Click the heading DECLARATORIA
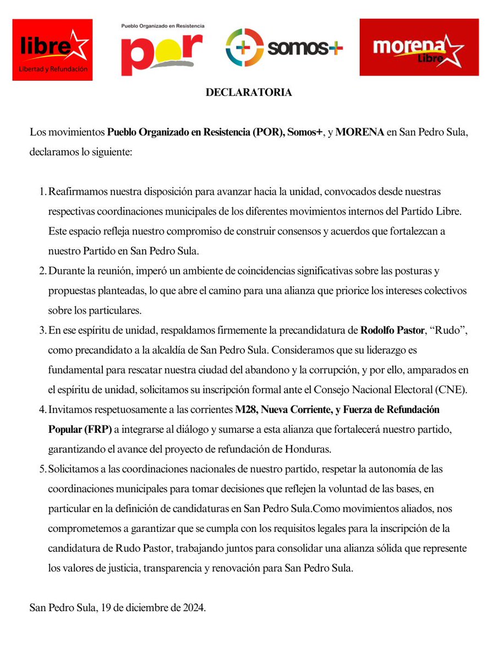249,92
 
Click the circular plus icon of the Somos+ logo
244,48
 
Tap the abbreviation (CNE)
452,391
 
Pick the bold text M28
245,410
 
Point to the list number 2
42,271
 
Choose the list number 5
42,469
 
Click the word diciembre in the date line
148,608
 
